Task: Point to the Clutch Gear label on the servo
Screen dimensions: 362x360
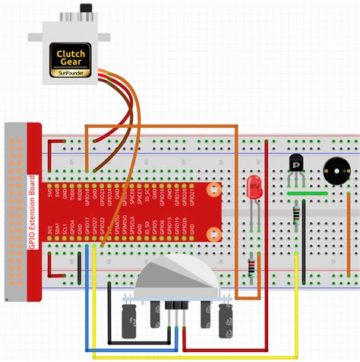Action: point(71,56)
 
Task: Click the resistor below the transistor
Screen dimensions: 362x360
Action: point(295,219)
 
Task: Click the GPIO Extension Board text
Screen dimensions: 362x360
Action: point(33,212)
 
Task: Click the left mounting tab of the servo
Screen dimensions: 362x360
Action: point(36,33)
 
